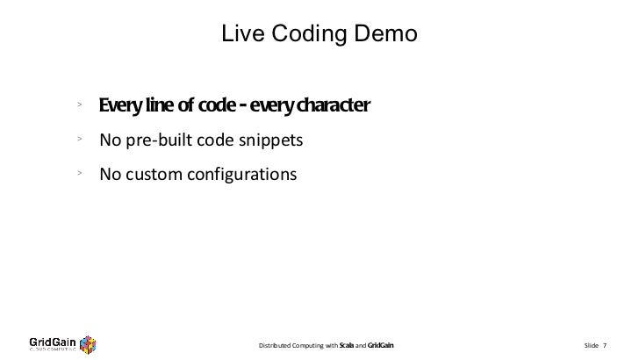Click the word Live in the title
click(238, 34)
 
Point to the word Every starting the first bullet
click(121, 107)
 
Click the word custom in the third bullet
click(155, 174)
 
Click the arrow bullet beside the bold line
click(79, 106)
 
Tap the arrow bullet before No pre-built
click(79, 140)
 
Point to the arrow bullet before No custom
click(79, 173)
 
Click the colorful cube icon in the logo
click(88, 342)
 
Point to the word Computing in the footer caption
click(310, 344)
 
